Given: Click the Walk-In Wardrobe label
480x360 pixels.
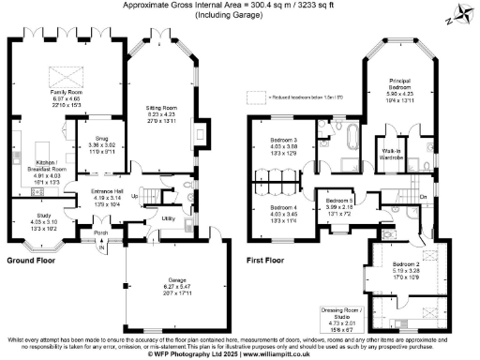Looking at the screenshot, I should [x=392, y=152].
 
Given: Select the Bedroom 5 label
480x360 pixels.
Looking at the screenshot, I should [x=338, y=202].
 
